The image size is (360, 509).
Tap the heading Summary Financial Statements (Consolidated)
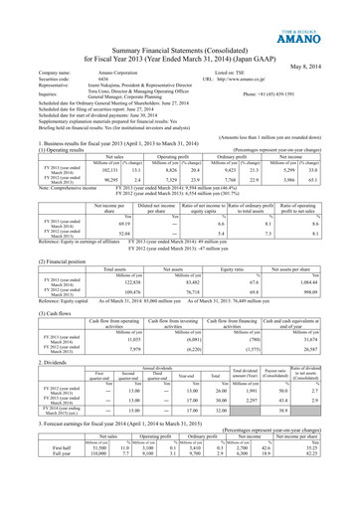tap(179, 52)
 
